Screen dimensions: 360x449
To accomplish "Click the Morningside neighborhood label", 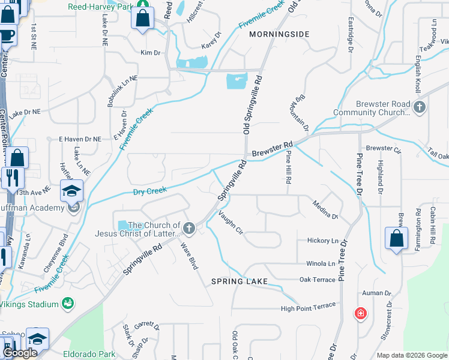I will pos(279,35).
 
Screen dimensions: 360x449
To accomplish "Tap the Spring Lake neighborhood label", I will pos(239,281).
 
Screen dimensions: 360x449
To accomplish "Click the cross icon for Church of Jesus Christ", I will pos(189,228).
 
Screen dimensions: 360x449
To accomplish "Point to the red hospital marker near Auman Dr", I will pos(360,313).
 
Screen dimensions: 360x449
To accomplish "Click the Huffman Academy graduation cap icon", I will pos(71,192).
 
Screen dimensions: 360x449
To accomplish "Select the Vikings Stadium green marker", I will pos(69,304).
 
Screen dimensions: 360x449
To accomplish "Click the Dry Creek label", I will pos(149,191).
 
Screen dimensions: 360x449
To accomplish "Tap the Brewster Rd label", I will pos(272,150).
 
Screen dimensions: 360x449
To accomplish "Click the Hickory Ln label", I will pos(322,241).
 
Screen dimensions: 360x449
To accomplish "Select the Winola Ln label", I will pos(321,263).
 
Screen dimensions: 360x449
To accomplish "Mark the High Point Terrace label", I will pos(308,308).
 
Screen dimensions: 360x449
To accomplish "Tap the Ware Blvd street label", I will pos(188,254).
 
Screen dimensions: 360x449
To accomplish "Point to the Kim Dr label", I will pos(150,53).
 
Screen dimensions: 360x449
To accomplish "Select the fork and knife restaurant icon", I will pos(10,178).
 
